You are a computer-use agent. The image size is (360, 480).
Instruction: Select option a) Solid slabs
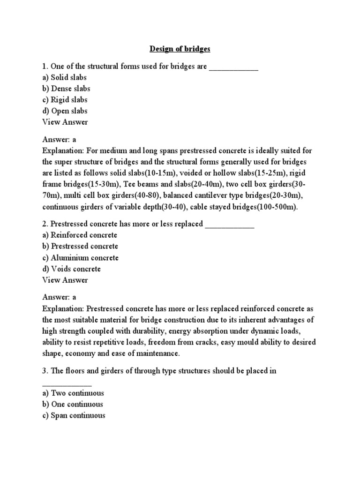pos(64,77)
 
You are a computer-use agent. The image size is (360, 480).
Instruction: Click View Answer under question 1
pos(65,122)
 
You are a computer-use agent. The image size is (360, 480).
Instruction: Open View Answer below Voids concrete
pos(65,280)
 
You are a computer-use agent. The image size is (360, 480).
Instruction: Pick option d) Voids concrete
pos(71,269)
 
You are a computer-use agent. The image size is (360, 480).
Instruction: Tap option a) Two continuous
pos(73,393)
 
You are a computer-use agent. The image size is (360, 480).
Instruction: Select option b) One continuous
pos(73,404)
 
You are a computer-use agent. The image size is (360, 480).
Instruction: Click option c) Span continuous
pos(74,415)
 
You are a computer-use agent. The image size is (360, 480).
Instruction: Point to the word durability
pos(149,331)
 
